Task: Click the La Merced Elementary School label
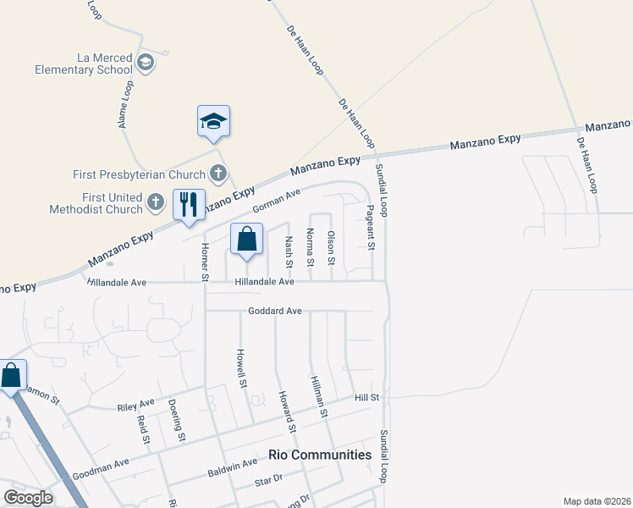tap(84, 63)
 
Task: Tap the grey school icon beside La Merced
tap(146, 63)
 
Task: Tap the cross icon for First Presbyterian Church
tap(217, 174)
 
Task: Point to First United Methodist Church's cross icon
tap(155, 202)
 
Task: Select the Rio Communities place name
tap(320, 455)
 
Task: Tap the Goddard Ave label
tap(274, 312)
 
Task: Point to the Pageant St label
tap(371, 227)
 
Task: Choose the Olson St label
tap(332, 246)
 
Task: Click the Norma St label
tap(311, 246)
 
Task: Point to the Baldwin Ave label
tap(238, 464)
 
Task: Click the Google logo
tap(28, 498)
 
